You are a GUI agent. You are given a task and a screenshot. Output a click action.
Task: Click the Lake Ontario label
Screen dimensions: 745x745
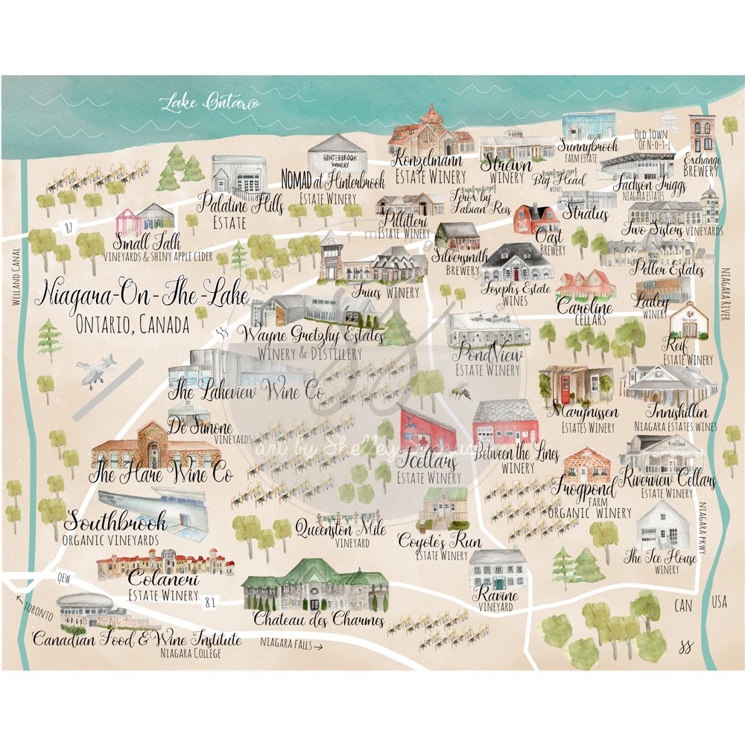pos(211,101)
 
